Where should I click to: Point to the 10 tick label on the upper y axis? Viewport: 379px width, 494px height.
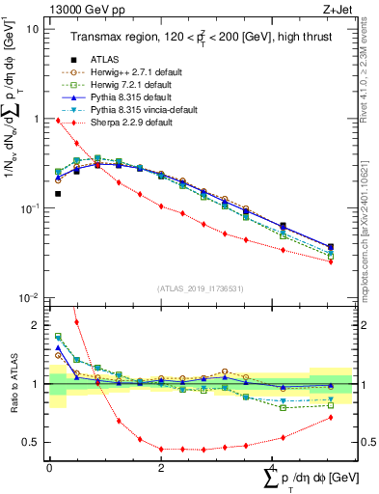click(x=32, y=29)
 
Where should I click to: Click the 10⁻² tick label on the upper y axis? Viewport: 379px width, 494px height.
click(x=29, y=297)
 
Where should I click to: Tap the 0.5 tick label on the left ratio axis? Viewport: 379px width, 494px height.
click(x=30, y=443)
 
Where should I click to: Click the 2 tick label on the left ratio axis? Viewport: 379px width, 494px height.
click(x=35, y=325)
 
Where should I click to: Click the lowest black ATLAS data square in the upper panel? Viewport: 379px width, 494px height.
click(x=58, y=194)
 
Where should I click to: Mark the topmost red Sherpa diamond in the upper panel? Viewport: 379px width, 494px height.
click(x=58, y=121)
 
